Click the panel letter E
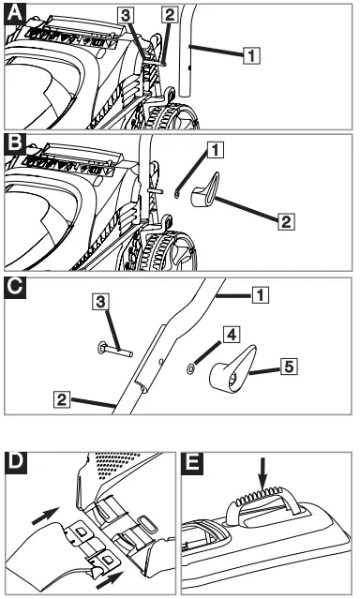tap(193, 463)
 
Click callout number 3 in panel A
tap(125, 15)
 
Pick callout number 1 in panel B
tap(215, 148)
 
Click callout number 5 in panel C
tap(292, 367)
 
